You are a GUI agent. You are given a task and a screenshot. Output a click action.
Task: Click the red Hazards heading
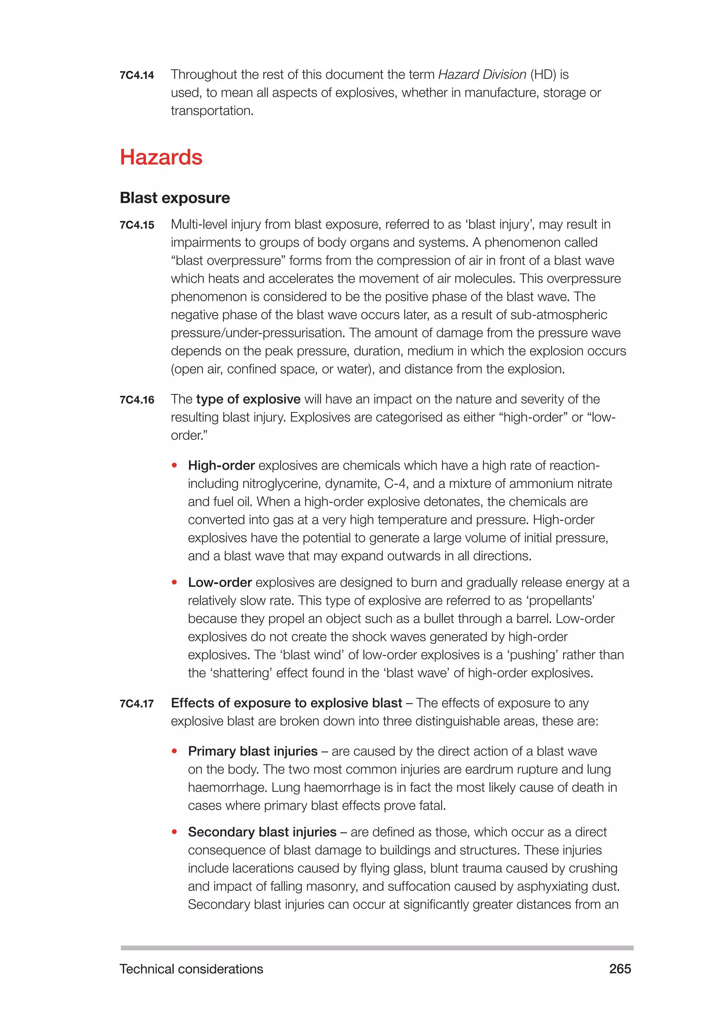tap(161, 157)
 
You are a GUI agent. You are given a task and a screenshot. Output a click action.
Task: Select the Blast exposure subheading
tap(175, 198)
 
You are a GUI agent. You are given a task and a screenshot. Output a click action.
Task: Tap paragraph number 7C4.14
tap(137, 75)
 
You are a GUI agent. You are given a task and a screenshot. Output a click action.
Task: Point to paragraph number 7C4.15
tap(137, 225)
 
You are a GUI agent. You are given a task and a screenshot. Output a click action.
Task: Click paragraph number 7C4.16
tap(137, 400)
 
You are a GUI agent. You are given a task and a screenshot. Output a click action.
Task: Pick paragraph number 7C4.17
tap(137, 703)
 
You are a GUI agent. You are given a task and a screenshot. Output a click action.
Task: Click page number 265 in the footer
tap(620, 969)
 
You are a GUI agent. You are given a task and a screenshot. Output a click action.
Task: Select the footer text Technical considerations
tap(191, 969)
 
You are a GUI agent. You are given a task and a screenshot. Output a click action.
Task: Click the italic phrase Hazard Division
tap(482, 74)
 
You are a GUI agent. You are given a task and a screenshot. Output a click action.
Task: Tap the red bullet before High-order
tap(175, 465)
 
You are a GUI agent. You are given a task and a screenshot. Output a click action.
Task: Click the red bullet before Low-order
tap(175, 583)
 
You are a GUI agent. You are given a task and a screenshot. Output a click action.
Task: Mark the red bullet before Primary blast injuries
tap(175, 751)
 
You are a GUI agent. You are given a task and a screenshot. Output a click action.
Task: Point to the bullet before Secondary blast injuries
tap(175, 832)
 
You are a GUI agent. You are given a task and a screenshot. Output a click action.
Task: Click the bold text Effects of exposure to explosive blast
tap(286, 703)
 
